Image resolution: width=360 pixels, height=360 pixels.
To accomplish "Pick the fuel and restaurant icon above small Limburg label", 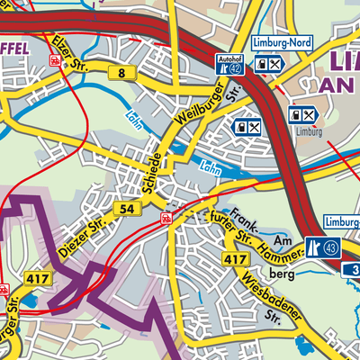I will [301, 114].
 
